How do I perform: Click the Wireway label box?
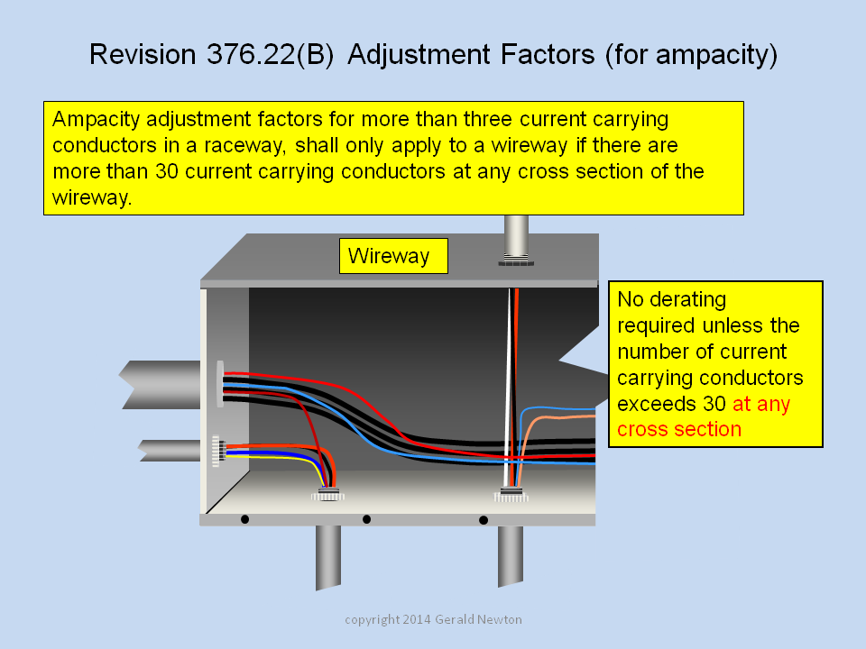[x=393, y=256]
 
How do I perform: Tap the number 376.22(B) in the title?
[x=270, y=55]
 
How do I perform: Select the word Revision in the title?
[x=143, y=55]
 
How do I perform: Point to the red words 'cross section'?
[x=678, y=429]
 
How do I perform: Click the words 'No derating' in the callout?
[x=671, y=299]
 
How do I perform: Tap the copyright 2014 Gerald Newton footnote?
[x=433, y=619]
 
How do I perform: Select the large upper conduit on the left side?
[x=161, y=385]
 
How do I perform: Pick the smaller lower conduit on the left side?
[x=170, y=451]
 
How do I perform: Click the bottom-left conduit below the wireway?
[x=328, y=557]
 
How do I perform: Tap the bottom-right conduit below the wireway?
[x=511, y=556]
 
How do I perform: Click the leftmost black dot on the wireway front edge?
[x=244, y=519]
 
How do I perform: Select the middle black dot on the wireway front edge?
[x=366, y=519]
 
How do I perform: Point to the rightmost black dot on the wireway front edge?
[x=484, y=520]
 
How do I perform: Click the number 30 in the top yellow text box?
[x=167, y=171]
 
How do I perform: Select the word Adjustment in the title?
[x=419, y=55]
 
